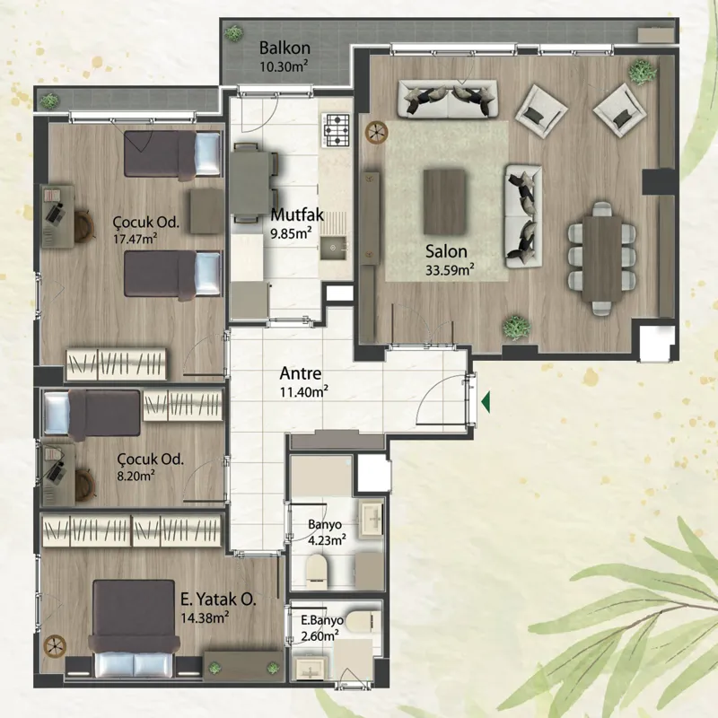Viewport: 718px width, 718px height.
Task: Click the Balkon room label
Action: pos(285,48)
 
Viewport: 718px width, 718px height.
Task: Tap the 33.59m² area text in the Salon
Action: pos(450,270)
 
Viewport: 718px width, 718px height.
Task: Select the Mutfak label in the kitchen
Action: pos(297,215)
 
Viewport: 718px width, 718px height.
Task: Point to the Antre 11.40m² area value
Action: pos(303,391)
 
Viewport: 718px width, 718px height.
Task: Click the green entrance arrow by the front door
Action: pos(486,402)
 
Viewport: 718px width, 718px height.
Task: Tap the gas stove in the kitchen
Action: pos(336,130)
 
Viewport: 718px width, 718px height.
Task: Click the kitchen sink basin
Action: pos(333,248)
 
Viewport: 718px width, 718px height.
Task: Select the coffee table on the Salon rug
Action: pos(444,201)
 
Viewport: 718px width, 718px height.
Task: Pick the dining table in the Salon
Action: pos(601,258)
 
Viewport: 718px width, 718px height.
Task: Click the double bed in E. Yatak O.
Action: pos(134,628)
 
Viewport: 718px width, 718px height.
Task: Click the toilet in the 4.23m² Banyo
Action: pos(316,572)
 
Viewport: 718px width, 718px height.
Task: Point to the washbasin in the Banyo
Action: pos(371,519)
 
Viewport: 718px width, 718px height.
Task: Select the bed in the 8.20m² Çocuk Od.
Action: pos(92,413)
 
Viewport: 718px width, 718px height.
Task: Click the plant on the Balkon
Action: pos(233,33)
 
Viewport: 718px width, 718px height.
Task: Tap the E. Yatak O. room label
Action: pos(218,600)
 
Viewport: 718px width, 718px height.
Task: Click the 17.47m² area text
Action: pos(136,239)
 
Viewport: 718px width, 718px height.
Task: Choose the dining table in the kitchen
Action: pos(250,182)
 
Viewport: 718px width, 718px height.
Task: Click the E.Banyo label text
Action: pos(322,620)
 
